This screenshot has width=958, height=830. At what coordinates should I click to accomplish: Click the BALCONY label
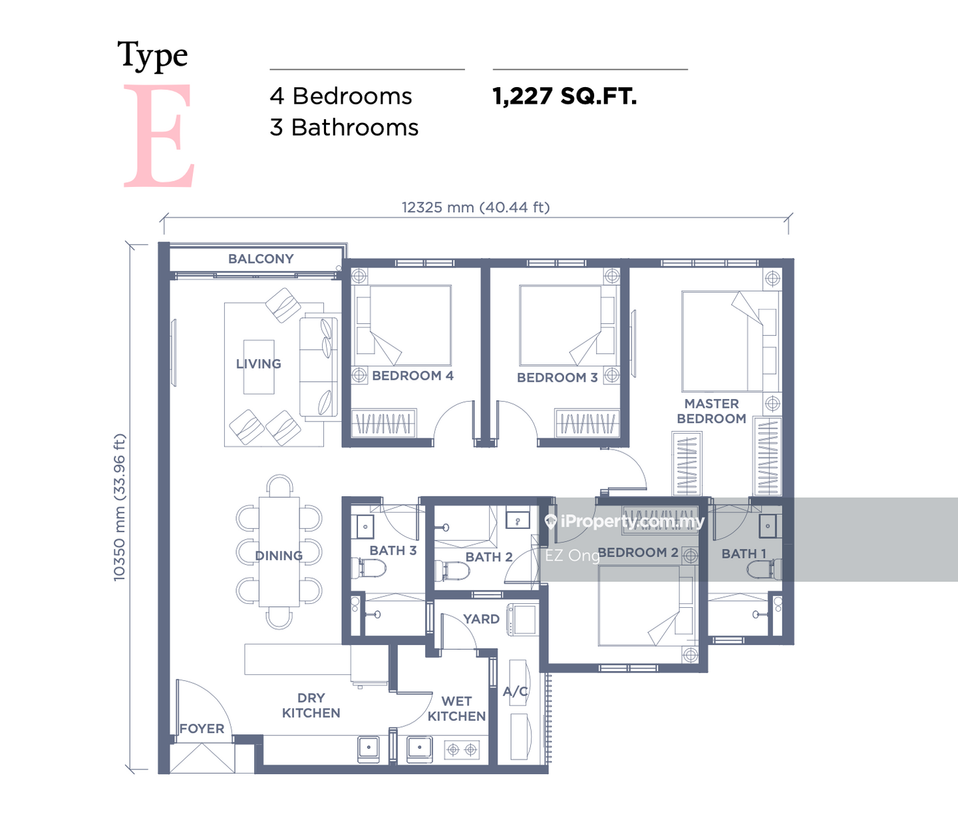pos(261,259)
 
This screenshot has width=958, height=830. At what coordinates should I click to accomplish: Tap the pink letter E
pos(158,135)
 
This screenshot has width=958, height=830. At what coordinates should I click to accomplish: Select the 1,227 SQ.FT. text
pos(565,97)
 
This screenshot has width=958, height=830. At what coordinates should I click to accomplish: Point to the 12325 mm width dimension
pos(476,207)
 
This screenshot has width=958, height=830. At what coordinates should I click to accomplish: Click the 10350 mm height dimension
pos(119,507)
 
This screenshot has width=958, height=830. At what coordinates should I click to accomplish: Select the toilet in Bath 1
pos(764,569)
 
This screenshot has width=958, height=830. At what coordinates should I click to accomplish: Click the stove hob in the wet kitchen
pos(462,750)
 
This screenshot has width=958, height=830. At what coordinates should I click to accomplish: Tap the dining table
pos(279,551)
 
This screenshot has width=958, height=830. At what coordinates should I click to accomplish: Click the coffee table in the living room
pos(259,367)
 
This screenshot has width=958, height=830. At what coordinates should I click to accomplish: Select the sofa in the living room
pos(319,367)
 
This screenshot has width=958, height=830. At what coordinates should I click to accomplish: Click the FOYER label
pos(202,728)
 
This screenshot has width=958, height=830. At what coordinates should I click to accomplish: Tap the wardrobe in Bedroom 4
pos(384,422)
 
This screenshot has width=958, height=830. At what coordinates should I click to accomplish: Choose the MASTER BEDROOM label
pos(711,411)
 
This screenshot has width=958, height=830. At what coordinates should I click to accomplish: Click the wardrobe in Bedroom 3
pos(587,422)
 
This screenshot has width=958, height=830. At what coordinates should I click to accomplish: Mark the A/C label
pos(516,692)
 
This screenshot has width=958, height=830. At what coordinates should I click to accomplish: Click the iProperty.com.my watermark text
pos(625,522)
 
